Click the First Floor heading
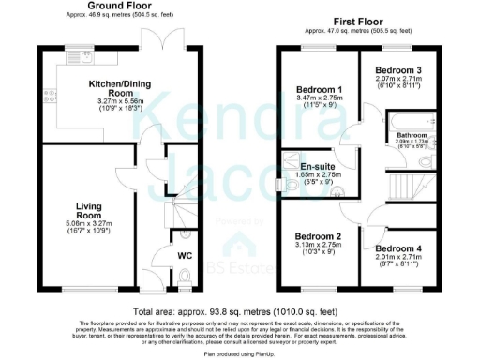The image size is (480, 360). pos(359,20)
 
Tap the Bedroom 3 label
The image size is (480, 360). pos(398,70)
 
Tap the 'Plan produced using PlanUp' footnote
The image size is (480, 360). pos(239,353)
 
